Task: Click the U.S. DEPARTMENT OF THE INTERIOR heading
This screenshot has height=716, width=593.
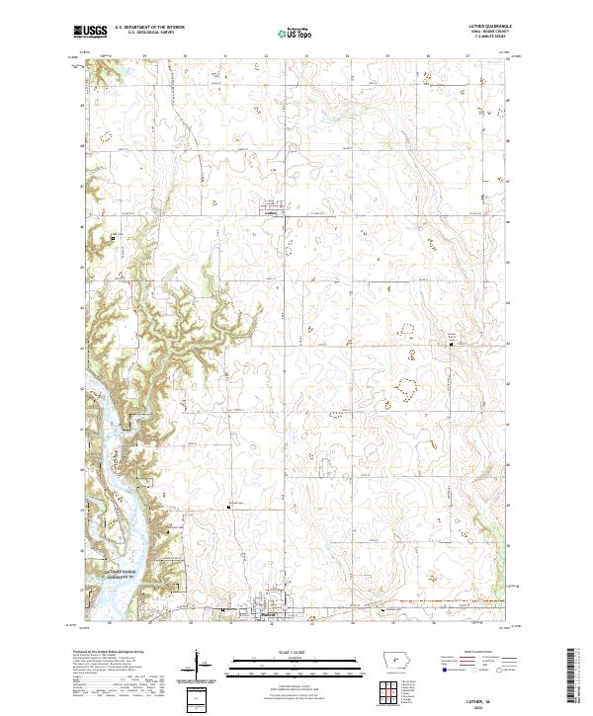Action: pyautogui.click(x=149, y=29)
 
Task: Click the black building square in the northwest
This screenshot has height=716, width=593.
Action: pyautogui.click(x=113, y=237)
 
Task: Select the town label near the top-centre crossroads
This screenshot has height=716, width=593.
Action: pyautogui.click(x=273, y=209)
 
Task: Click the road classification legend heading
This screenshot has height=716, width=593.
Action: pyautogui.click(x=469, y=653)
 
